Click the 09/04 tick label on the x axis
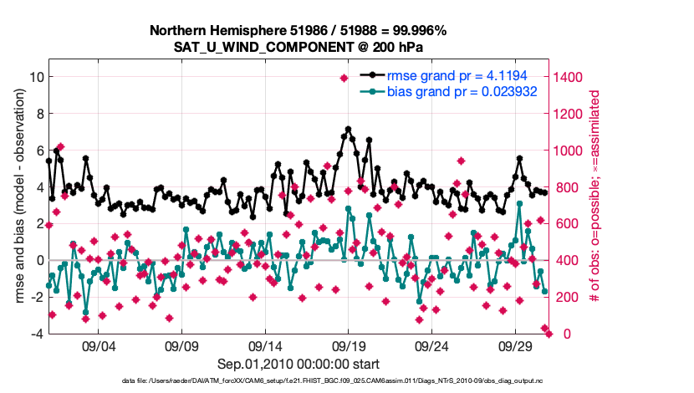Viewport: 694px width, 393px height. pyautogui.click(x=97, y=345)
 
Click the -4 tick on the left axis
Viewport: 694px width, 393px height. pyautogui.click(x=36, y=334)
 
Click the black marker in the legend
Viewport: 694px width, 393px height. pyautogui.click(x=367, y=75)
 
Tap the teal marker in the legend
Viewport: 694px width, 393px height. pyautogui.click(x=367, y=90)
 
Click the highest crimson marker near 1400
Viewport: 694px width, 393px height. pyautogui.click(x=344, y=78)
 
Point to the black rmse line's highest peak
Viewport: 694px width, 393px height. pyautogui.click(x=348, y=130)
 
